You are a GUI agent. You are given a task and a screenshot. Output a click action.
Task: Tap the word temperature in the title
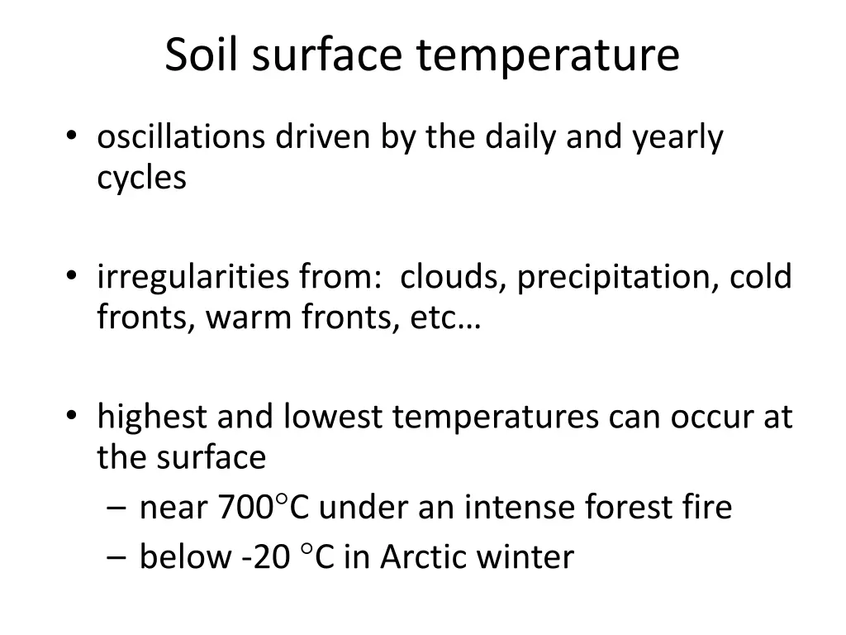click(x=548, y=57)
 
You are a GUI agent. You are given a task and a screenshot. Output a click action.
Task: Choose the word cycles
click(x=141, y=178)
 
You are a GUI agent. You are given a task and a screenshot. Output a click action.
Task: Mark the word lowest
click(x=333, y=417)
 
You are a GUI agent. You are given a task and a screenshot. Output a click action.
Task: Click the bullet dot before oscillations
click(x=73, y=137)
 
